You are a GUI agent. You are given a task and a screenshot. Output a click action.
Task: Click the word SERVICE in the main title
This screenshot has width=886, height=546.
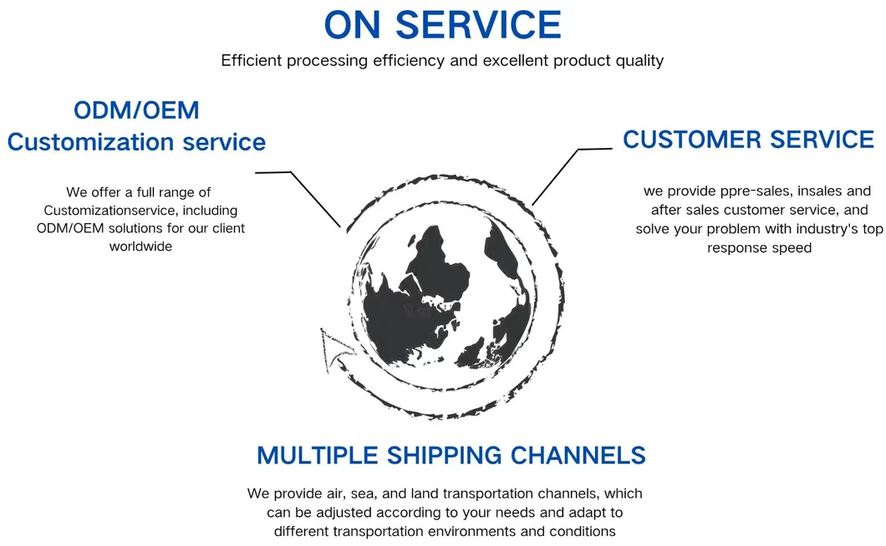tap(478, 25)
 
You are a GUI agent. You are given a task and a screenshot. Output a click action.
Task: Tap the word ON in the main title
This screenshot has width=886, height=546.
tap(352, 25)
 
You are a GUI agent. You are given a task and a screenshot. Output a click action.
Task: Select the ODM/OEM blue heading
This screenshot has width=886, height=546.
tap(136, 110)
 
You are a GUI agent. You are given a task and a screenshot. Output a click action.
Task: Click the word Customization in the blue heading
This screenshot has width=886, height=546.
tap(90, 142)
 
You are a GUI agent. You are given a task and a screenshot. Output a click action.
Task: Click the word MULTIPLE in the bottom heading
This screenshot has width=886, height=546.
tap(317, 456)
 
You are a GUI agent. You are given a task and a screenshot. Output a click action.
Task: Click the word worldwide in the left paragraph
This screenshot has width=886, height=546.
tap(140, 247)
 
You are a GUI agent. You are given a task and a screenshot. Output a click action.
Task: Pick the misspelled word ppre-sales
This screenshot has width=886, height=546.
tap(755, 191)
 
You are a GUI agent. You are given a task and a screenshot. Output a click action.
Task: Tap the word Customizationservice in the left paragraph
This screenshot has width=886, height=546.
tap(140, 210)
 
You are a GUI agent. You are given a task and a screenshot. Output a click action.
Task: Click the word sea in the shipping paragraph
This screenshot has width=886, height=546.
tap(361, 494)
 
